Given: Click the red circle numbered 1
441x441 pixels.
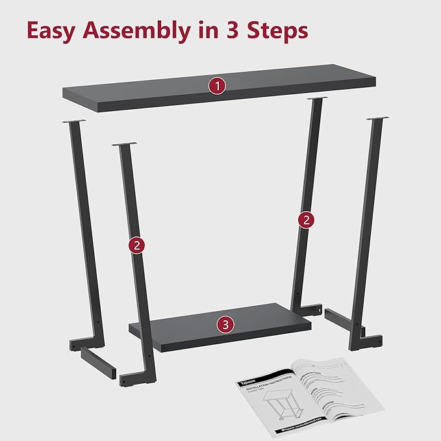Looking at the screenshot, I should (x=216, y=85).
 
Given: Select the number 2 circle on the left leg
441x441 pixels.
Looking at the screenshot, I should (x=136, y=245).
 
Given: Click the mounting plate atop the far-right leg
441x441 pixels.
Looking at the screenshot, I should (x=377, y=120).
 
